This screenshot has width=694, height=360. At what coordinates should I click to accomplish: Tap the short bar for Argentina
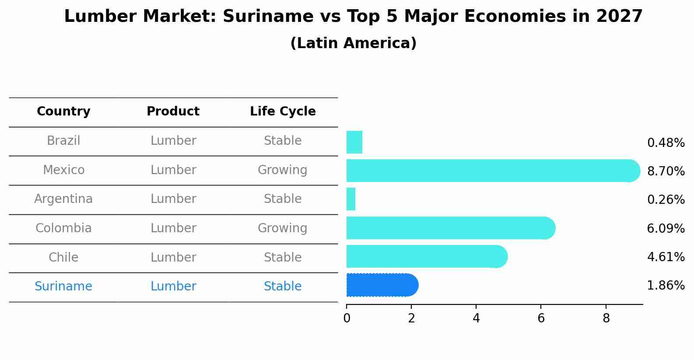tap(351, 199)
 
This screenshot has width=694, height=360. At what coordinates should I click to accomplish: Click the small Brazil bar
tap(354, 142)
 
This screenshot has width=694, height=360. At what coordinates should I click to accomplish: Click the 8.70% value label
tap(666, 171)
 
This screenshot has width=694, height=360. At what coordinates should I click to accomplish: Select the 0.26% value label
tap(666, 200)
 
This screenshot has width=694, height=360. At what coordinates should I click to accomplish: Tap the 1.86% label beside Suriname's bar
tap(666, 286)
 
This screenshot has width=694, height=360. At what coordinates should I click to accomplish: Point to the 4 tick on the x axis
tap(476, 318)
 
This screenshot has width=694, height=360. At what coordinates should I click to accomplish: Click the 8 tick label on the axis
tap(606, 318)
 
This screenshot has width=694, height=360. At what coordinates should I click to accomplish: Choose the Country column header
tap(63, 112)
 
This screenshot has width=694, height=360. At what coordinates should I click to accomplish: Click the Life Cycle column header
tap(283, 112)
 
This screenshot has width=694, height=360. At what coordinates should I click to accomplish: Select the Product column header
tap(173, 112)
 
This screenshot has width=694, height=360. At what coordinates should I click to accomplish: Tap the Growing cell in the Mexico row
tap(282, 170)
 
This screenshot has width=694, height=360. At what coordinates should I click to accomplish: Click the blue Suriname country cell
tap(63, 287)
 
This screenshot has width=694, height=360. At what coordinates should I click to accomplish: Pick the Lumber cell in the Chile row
tap(173, 257)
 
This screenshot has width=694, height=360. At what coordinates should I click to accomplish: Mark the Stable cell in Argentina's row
tap(283, 199)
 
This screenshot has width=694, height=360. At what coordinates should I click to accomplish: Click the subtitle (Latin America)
tap(353, 43)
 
